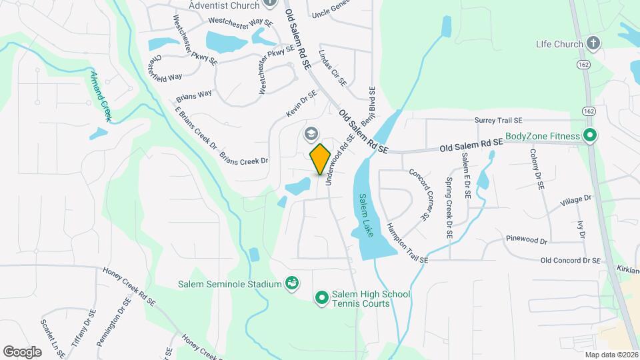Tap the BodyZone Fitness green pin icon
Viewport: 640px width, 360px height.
click(589, 136)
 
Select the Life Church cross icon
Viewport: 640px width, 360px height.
click(593, 44)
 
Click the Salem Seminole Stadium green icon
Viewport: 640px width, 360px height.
click(291, 284)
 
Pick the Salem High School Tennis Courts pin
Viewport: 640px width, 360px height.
click(322, 297)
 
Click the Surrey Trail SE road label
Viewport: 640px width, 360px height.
click(497, 121)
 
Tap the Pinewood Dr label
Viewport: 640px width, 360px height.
click(527, 240)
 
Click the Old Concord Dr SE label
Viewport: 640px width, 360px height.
click(571, 261)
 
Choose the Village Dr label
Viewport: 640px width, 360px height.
click(576, 199)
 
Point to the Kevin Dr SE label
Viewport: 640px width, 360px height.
click(301, 105)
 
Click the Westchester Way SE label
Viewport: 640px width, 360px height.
click(241, 21)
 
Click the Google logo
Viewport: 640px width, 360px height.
click(22, 351)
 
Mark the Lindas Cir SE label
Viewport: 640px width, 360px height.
click(333, 68)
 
